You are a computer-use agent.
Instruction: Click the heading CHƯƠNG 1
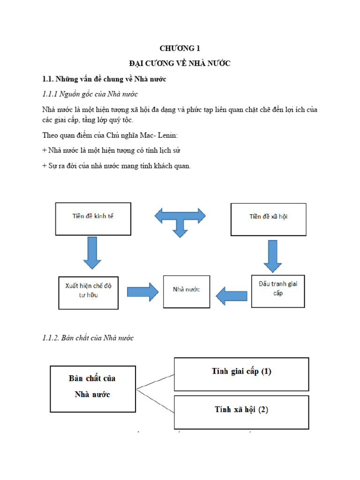coord(180,48)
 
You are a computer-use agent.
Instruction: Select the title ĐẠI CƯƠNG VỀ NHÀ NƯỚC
coord(180,63)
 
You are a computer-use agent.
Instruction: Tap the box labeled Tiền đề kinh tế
coord(93,218)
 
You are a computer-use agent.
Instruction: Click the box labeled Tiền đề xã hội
coord(269,219)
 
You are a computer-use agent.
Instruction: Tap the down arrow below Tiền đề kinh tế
coord(92,252)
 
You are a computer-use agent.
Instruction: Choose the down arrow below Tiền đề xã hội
coord(273,256)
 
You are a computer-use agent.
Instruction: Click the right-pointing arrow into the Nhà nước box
coord(142,292)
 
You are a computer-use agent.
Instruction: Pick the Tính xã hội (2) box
coord(241,410)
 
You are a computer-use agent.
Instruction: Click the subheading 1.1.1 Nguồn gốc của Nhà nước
coord(90,94)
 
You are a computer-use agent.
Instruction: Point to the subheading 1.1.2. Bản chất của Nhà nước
coord(88,338)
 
